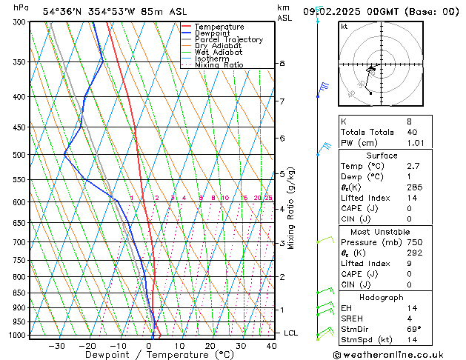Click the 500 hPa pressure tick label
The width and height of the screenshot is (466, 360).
click(20, 155)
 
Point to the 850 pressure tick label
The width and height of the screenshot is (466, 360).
click(20, 293)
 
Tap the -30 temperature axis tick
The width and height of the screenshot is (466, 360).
click(57, 345)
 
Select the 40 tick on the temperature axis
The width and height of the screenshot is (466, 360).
click(271, 345)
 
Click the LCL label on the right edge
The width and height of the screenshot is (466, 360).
click(290, 333)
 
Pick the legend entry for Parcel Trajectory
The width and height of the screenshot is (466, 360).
click(228, 39)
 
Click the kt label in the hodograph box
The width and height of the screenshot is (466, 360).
click(344, 27)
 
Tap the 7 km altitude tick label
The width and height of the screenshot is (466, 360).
click(282, 101)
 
